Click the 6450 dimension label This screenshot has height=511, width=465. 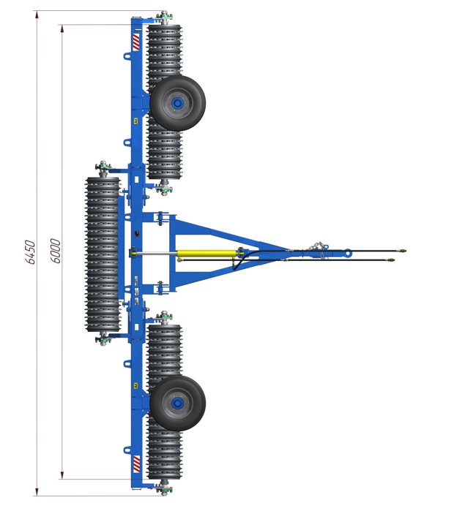[x=30, y=252]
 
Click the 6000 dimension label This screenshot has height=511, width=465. [x=56, y=251]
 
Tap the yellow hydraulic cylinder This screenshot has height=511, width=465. [x=207, y=254]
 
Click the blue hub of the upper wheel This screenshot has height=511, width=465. [x=177, y=104]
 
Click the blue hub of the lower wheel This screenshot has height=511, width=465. [x=177, y=404]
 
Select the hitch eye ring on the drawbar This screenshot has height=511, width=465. [x=348, y=252]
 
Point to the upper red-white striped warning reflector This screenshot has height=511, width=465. [x=136, y=42]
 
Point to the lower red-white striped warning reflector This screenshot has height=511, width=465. [x=136, y=464]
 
